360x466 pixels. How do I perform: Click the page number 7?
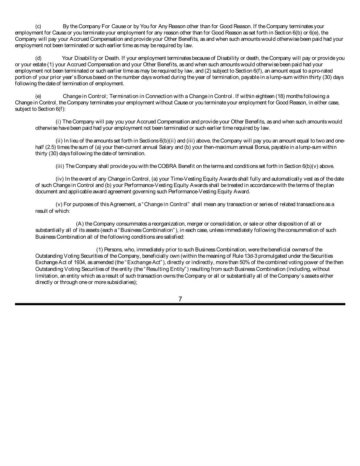click(x=180, y=299)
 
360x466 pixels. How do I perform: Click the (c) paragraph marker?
click(x=38, y=27)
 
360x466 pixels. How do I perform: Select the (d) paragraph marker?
click(x=38, y=58)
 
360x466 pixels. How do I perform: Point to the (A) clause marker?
click(x=80, y=224)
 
